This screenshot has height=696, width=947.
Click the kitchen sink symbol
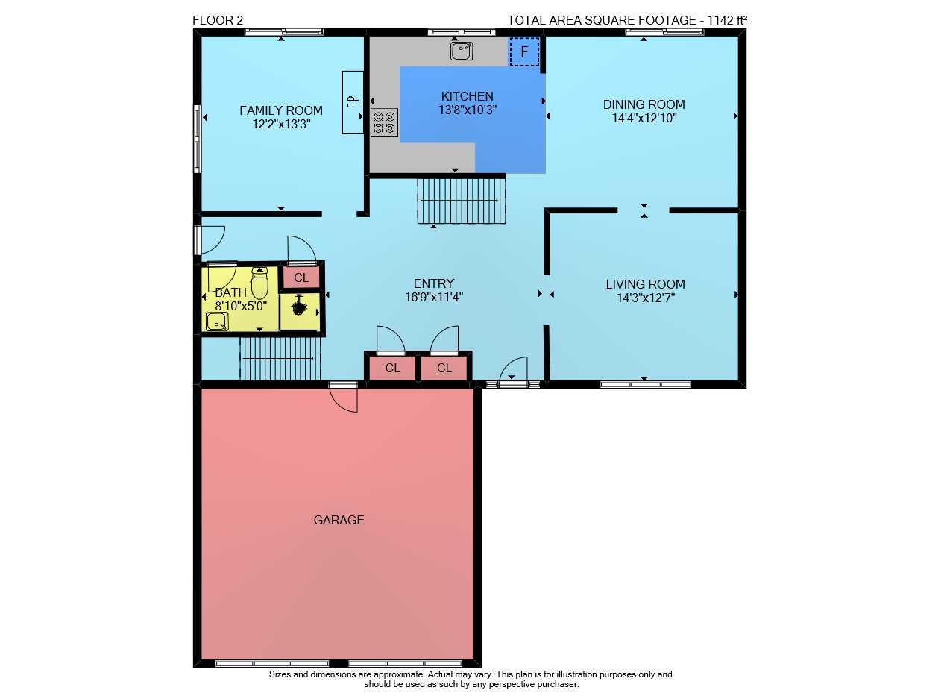click(x=462, y=51)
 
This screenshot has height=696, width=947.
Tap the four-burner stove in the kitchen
click(x=384, y=122)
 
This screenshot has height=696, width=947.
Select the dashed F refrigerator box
click(x=524, y=51)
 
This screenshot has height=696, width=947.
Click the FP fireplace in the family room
click(x=353, y=102)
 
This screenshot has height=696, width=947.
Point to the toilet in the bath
click(x=259, y=283)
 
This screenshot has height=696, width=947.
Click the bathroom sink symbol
click(x=217, y=322)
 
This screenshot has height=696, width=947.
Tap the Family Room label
click(x=281, y=110)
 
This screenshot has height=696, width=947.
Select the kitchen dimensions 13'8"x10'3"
click(x=468, y=110)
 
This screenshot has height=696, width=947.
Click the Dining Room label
click(x=644, y=104)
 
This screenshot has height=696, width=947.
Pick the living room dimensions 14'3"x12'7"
click(x=646, y=298)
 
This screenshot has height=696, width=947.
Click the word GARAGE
click(x=339, y=520)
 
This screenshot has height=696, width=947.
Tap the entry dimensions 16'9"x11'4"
click(x=434, y=297)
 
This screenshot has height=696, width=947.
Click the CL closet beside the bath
click(x=301, y=278)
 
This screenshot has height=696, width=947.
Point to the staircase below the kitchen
click(x=462, y=201)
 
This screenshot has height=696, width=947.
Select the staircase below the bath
click(x=280, y=359)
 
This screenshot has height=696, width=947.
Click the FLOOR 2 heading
click(x=218, y=20)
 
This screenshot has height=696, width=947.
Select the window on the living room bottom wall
click(x=646, y=384)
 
